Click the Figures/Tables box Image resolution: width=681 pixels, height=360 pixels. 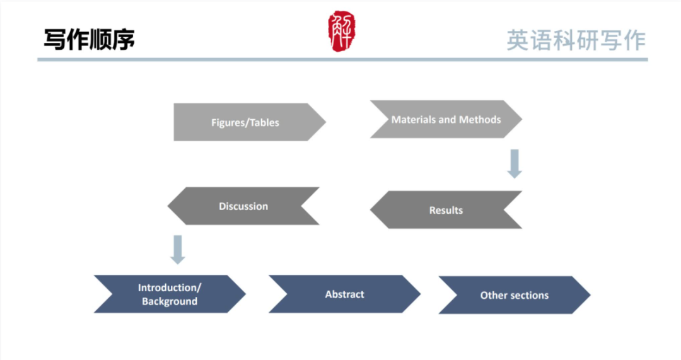coord(246,122)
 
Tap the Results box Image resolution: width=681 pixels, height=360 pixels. coord(446,210)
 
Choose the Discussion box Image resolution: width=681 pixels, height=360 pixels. coord(243,206)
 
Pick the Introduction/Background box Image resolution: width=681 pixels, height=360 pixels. coord(169,294)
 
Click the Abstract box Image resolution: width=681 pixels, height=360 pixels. coord(344,294)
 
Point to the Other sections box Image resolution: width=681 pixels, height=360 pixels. coord(514,295)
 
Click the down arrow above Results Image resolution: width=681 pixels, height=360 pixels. coord(515,163)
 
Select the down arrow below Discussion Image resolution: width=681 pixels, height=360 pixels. coord(178,249)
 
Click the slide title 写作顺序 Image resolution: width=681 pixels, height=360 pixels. coord(89,39)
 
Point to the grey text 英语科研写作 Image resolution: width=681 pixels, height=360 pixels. coord(576,40)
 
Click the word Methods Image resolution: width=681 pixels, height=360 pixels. coord(480,119)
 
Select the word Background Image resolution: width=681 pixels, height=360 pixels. coord(169,301)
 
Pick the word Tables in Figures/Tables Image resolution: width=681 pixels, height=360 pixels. coord(264,123)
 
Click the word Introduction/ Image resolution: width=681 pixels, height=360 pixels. coord(169,287)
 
